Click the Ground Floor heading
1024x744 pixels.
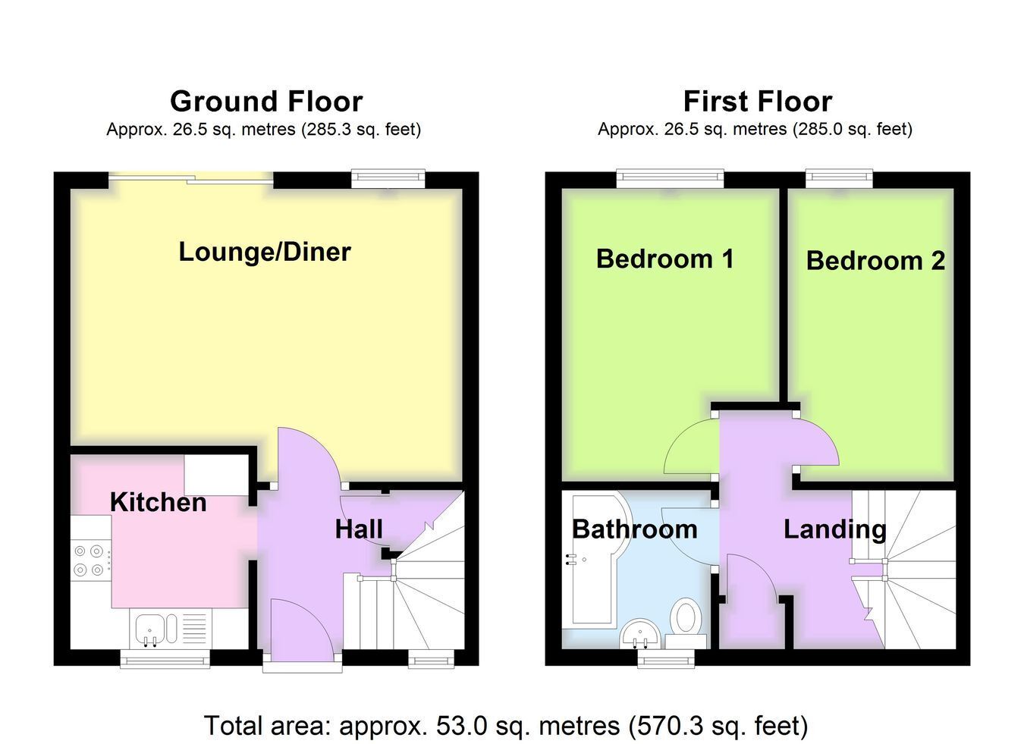click(x=266, y=101)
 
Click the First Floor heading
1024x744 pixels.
click(x=758, y=101)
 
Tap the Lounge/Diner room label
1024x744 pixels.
click(x=265, y=252)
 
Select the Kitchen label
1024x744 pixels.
click(x=159, y=502)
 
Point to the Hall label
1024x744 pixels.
click(x=359, y=529)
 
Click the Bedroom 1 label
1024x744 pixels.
click(x=665, y=259)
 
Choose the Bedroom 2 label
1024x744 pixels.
click(x=875, y=260)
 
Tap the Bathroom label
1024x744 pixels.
click(x=635, y=529)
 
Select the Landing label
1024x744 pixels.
click(x=835, y=530)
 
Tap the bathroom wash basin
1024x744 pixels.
click(x=639, y=633)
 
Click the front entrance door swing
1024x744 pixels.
click(x=303, y=630)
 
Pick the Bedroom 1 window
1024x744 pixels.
click(x=670, y=178)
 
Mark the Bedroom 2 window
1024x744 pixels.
click(x=839, y=178)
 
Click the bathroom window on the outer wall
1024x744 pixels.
click(x=666, y=658)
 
